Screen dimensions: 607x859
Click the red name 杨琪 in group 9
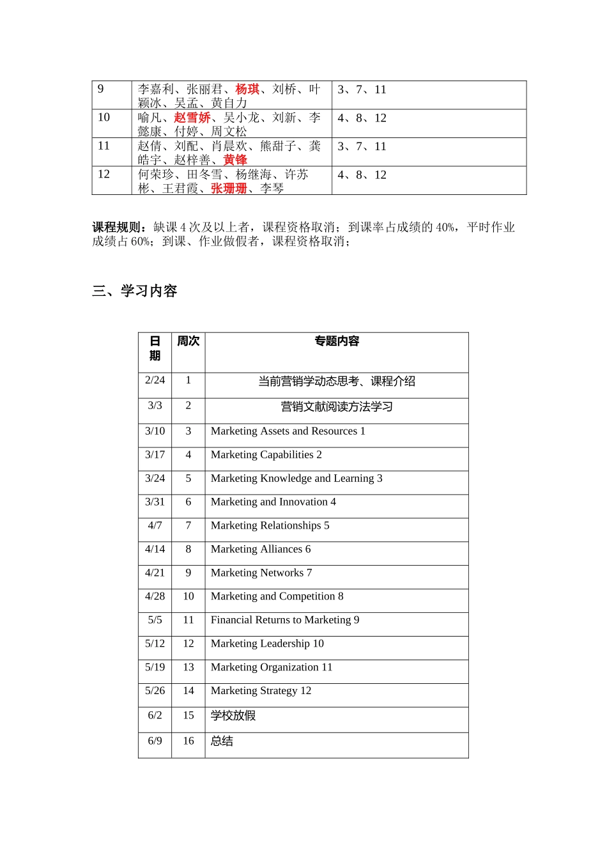coord(247,89)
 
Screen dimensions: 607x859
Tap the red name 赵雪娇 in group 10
coord(192,118)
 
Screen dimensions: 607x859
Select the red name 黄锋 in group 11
coord(235,160)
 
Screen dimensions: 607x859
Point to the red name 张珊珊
coord(229,189)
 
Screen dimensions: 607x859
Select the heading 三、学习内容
coord(135,291)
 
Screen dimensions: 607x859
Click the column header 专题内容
coord(337,341)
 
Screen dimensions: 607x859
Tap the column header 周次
coord(188,341)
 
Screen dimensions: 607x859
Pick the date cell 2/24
coord(155,380)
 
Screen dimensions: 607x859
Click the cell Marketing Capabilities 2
coord(266,455)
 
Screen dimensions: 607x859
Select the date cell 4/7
coord(155,526)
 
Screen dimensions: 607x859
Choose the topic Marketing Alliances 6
coord(261,550)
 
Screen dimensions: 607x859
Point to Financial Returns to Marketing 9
coord(285,620)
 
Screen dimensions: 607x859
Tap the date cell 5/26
coord(155,691)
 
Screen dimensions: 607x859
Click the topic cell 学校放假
coord(233,716)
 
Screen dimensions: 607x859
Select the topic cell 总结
coord(222,741)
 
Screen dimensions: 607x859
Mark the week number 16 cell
coord(188,741)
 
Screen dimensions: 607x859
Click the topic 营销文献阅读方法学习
coord(337,407)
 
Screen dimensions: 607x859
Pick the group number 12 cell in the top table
coord(104,174)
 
